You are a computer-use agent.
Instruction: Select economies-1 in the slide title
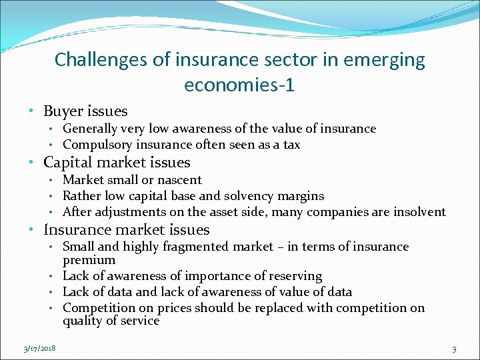click(239, 85)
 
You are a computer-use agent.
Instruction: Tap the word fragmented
click(195, 247)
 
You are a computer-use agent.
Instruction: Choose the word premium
click(89, 260)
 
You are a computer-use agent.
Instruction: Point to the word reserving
click(295, 276)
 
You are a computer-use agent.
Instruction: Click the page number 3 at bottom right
click(454, 349)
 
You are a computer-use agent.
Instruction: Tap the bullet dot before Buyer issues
click(31, 111)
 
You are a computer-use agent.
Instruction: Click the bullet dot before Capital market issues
click(31, 163)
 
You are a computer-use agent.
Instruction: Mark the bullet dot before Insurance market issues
click(31, 230)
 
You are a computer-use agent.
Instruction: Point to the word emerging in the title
click(389, 60)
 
